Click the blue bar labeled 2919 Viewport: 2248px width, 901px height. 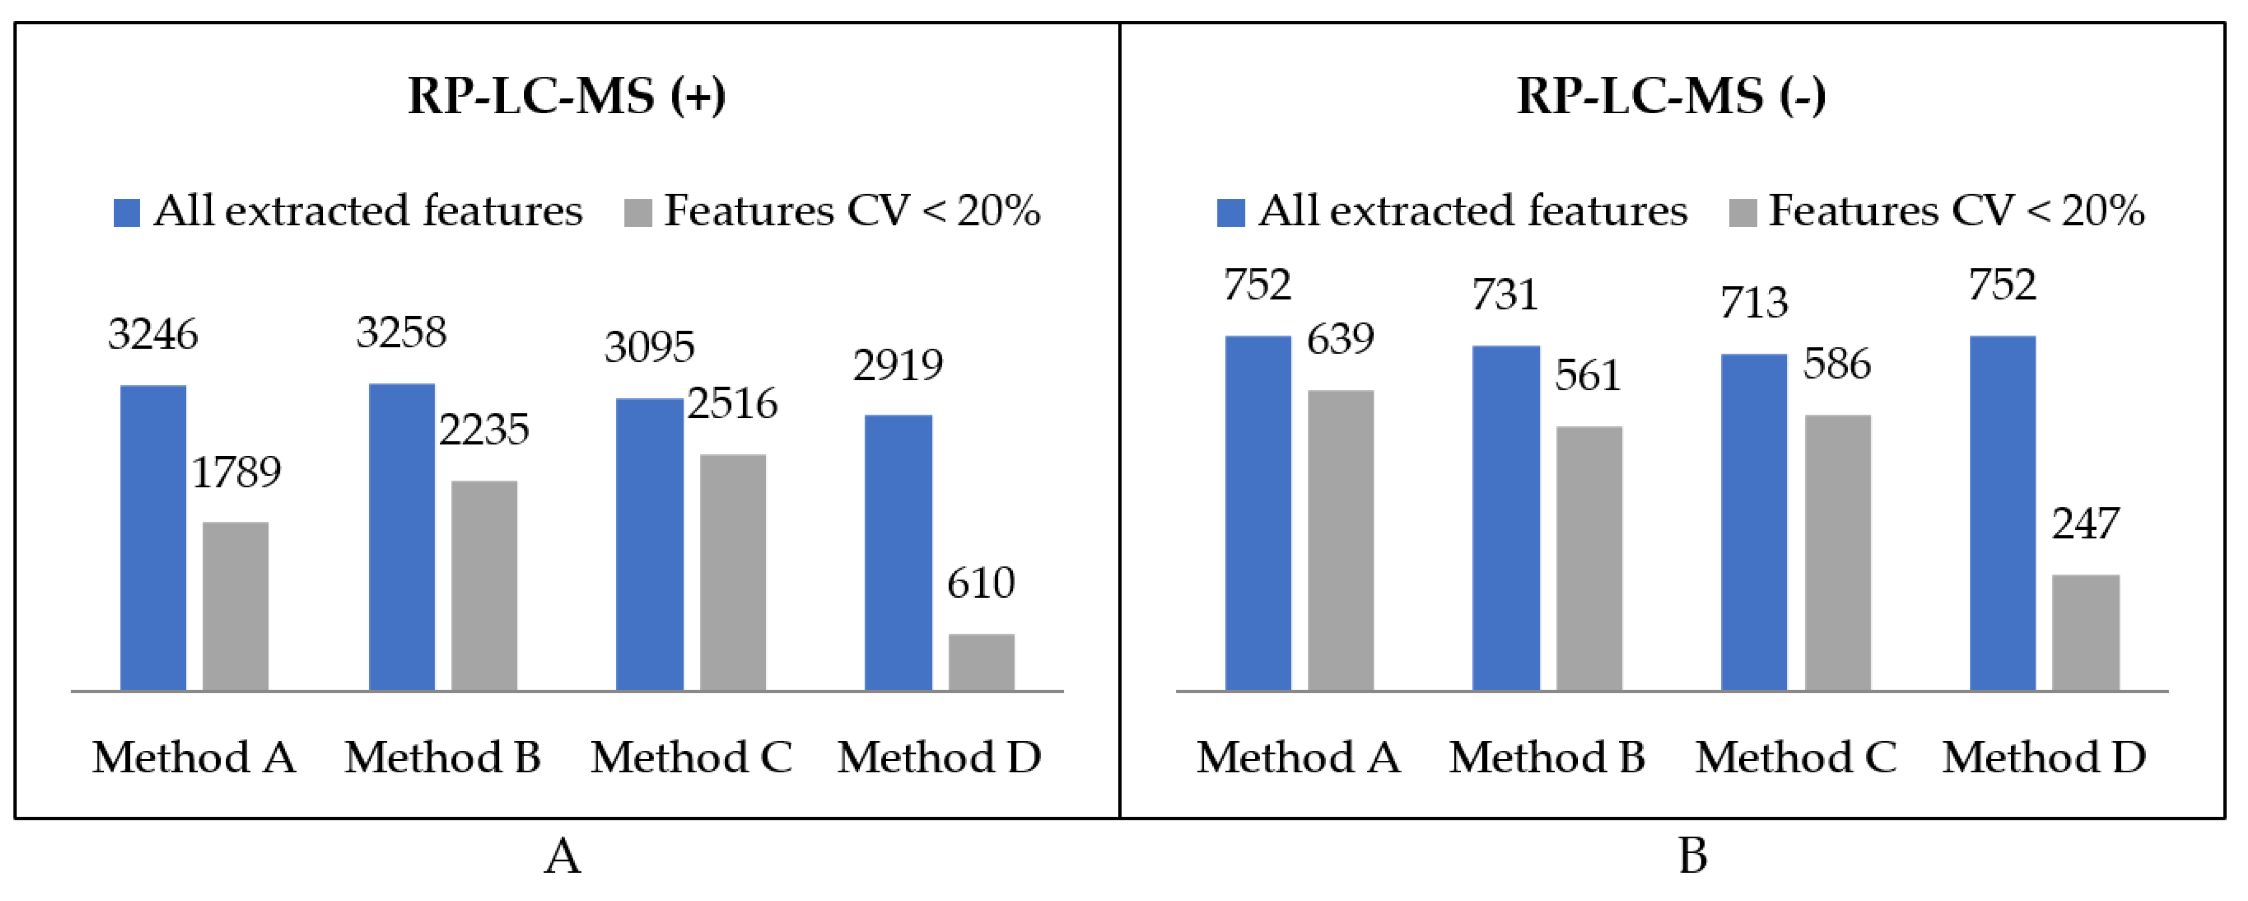(898, 553)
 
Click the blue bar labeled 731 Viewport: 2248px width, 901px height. (1506, 519)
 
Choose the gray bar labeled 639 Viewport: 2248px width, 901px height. (1340, 541)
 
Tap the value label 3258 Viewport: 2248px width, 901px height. (401, 333)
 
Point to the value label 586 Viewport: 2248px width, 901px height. (1837, 364)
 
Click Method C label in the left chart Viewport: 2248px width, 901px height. (691, 757)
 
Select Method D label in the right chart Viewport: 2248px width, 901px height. (2044, 757)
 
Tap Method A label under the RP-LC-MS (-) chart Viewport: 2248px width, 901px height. (1297, 757)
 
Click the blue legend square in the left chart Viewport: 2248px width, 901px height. (127, 212)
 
